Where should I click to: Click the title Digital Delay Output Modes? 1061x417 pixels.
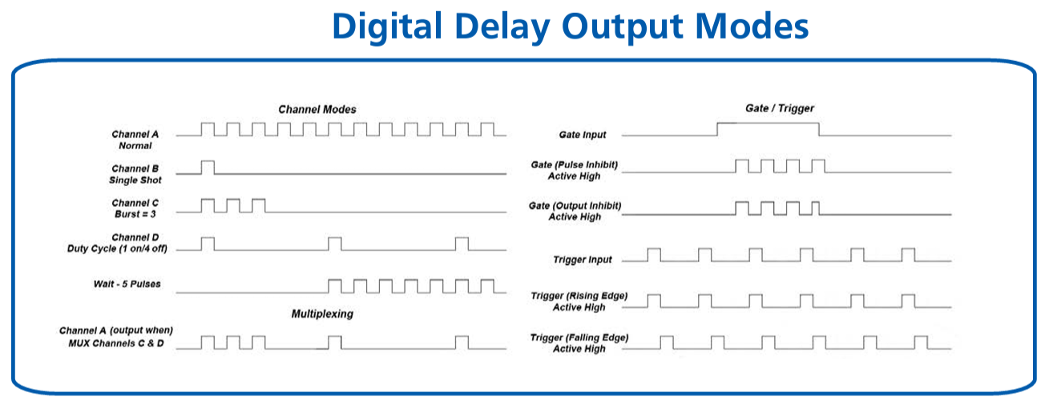(x=571, y=26)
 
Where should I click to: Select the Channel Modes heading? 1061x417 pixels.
(x=317, y=109)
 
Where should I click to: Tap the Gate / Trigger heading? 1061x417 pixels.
(x=780, y=108)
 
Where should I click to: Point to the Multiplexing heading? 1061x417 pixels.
(x=322, y=314)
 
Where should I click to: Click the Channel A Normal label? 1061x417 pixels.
(x=135, y=140)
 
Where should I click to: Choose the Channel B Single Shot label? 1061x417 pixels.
(x=135, y=174)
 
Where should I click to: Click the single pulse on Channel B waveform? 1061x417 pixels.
(x=208, y=168)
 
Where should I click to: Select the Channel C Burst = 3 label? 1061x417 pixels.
(x=135, y=208)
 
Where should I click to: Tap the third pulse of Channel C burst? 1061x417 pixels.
(x=259, y=205)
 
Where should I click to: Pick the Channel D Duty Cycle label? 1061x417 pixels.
(x=117, y=243)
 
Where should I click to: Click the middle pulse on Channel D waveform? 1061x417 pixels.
(x=335, y=244)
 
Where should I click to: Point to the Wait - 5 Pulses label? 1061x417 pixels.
(x=127, y=285)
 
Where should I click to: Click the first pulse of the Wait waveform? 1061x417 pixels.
(x=335, y=286)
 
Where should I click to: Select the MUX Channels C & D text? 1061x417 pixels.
(x=116, y=343)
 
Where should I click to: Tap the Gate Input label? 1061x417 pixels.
(x=583, y=135)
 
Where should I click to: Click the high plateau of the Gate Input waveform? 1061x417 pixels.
(x=768, y=123)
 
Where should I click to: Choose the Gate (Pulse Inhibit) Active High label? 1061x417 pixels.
(x=574, y=171)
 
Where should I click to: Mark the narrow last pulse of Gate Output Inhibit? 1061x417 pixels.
(x=816, y=208)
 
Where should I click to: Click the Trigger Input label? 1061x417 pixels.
(x=583, y=260)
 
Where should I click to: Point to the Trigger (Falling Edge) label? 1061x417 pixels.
(x=579, y=343)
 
